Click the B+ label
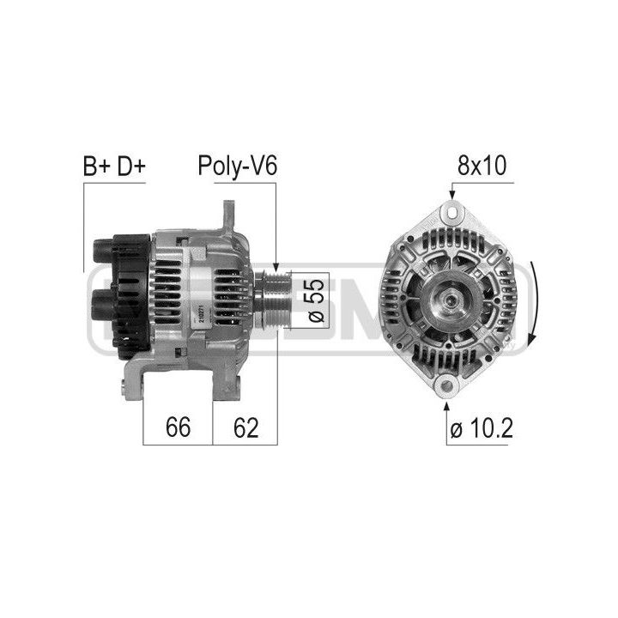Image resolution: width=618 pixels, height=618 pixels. pos(96,166)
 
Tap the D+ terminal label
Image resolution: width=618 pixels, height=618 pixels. pos(130,166)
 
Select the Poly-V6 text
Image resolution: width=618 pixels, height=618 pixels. pos(237,166)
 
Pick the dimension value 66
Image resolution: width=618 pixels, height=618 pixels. pos(178,427)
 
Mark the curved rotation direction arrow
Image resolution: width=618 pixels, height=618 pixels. pos(535,305)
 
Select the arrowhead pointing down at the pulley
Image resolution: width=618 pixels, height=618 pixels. pos(276,268)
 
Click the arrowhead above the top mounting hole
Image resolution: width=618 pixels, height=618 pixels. pos(450,197)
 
